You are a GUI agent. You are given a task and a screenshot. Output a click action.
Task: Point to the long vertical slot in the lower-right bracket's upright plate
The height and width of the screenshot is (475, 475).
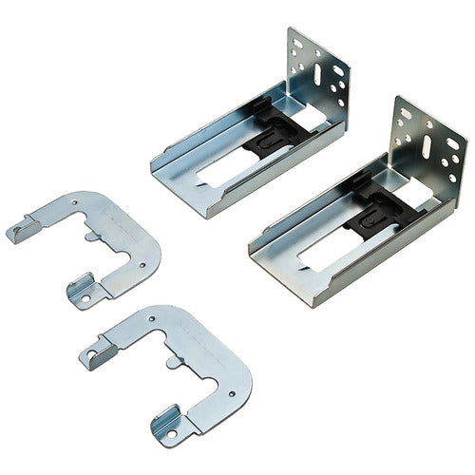tap(426, 146)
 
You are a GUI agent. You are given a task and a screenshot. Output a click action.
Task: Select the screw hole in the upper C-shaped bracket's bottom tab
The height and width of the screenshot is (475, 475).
tap(84, 297)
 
